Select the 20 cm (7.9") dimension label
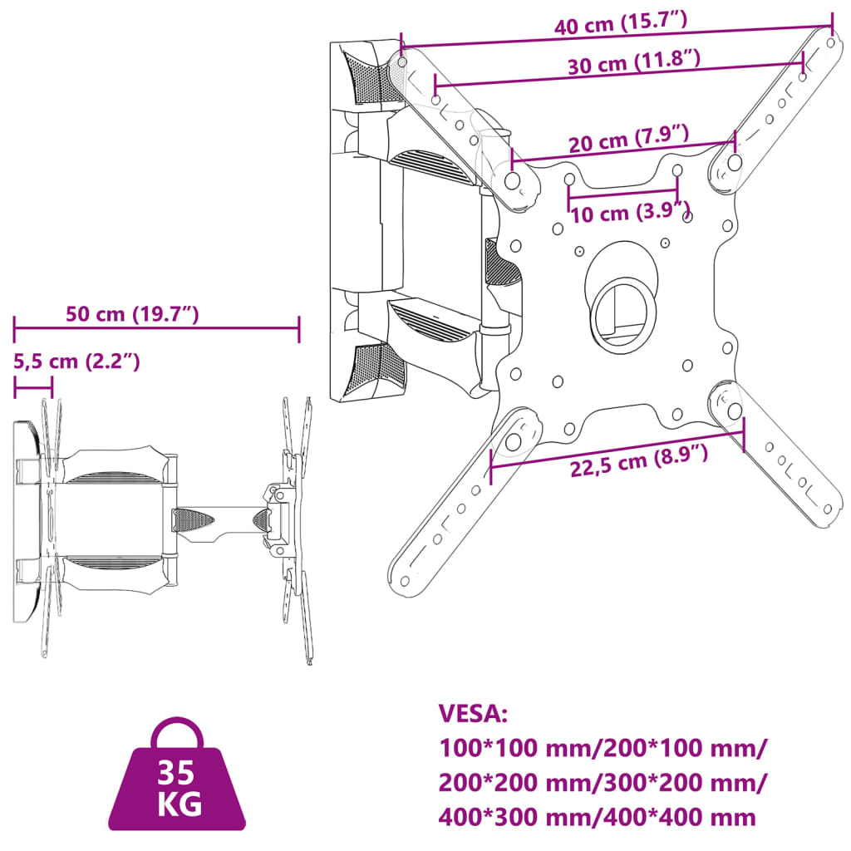point(628,139)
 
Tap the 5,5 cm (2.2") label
point(76,361)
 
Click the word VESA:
point(472,714)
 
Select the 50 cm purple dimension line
point(156,329)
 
